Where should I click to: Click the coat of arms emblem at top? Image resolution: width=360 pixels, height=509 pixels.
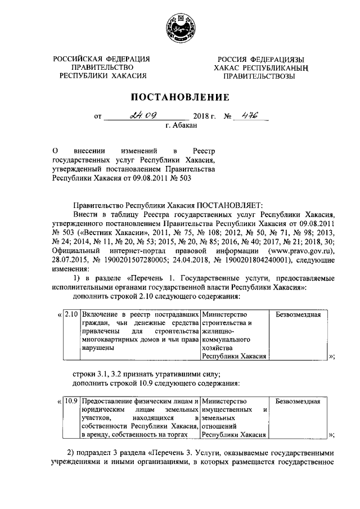181,29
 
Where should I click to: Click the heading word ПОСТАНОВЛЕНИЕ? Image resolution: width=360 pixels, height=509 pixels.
180,96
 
